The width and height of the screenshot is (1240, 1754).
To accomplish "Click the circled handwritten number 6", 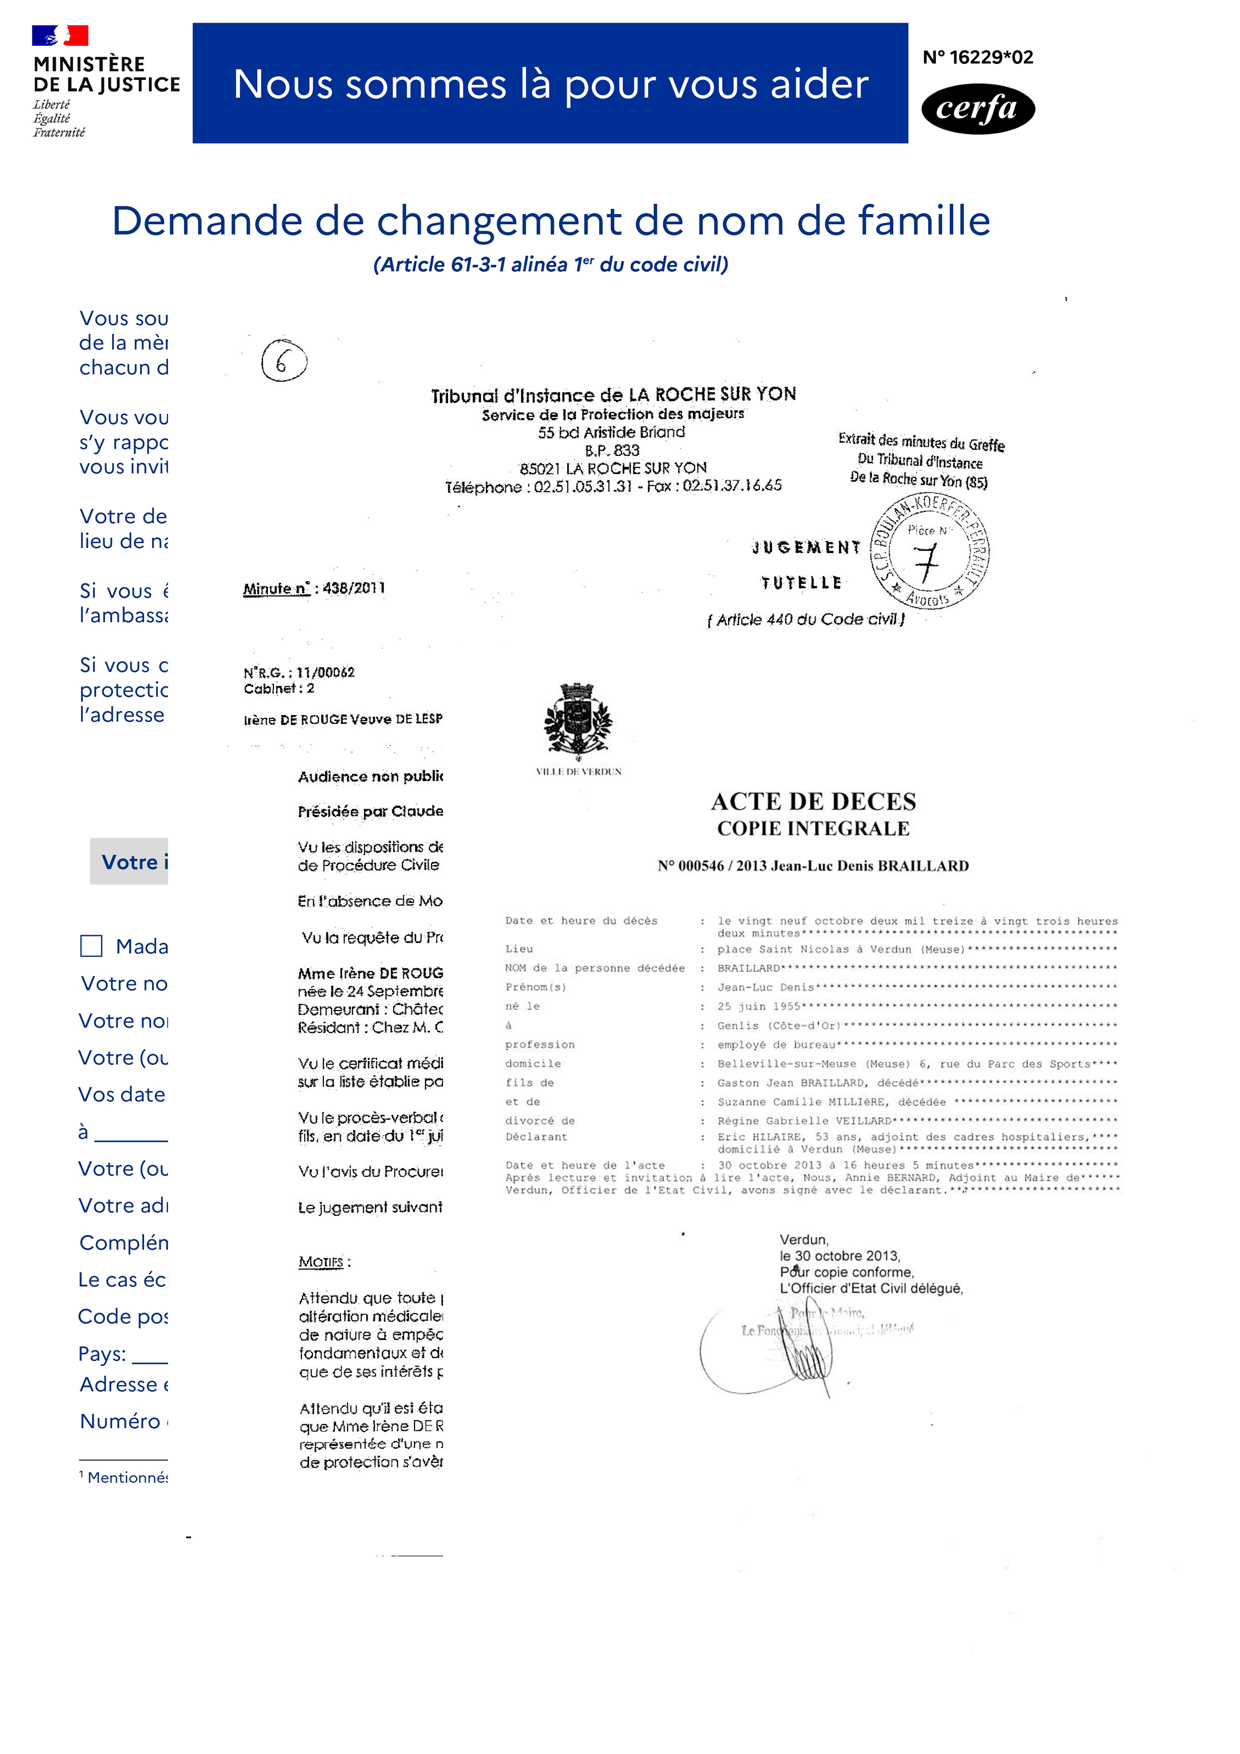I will [x=283, y=360].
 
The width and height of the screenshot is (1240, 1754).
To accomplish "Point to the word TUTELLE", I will [x=801, y=583].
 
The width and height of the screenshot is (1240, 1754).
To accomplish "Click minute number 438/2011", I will [x=353, y=587].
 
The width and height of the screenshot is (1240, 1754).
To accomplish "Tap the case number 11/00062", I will [x=325, y=672].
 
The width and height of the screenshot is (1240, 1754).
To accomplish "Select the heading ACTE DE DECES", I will [x=813, y=801].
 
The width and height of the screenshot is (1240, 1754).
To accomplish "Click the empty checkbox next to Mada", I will [x=91, y=946].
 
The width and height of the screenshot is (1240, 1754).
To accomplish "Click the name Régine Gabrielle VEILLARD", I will [x=803, y=1120].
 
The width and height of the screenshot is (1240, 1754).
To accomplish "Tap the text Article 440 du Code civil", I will [x=806, y=619].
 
